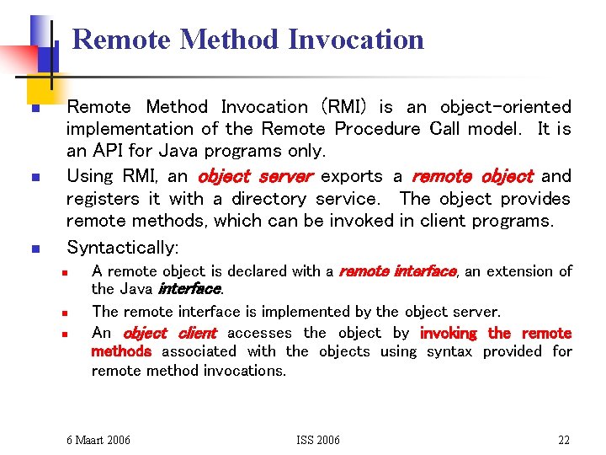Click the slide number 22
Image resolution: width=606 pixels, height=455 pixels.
pyautogui.click(x=564, y=440)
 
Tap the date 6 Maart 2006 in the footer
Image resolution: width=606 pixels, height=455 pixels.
pyautogui.click(x=98, y=440)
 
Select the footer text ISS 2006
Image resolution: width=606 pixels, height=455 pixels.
pyautogui.click(x=318, y=440)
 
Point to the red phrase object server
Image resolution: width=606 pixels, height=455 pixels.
pyautogui.click(x=255, y=176)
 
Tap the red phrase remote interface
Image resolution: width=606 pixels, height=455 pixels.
pyautogui.click(x=397, y=271)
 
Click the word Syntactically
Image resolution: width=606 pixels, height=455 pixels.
pyautogui.click(x=122, y=247)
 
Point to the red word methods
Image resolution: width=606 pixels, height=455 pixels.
pyautogui.click(x=121, y=351)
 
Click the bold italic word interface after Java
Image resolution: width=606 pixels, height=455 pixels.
pyautogui.click(x=191, y=289)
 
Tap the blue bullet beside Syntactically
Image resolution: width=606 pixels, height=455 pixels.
pyautogui.click(x=34, y=249)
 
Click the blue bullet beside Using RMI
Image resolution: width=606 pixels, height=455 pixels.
pyautogui.click(x=34, y=178)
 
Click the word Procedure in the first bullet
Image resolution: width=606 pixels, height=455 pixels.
pyautogui.click(x=377, y=129)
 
